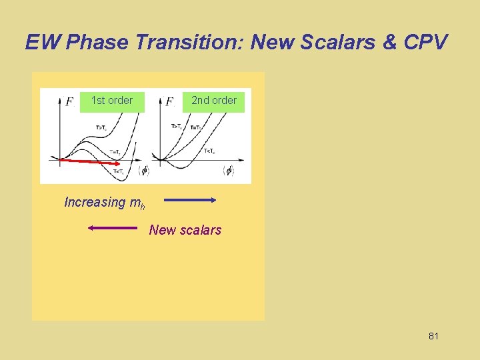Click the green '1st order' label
pos(112,101)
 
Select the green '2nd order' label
pos(214,101)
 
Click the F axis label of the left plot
pos(69,102)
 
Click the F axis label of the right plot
pos(169,102)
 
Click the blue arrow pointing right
pos(190,199)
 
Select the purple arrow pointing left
pos(112,229)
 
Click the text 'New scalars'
pos(185,230)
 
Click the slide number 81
pos(433,336)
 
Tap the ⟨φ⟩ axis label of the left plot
pos(143,171)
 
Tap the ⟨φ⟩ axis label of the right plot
pos(229,171)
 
